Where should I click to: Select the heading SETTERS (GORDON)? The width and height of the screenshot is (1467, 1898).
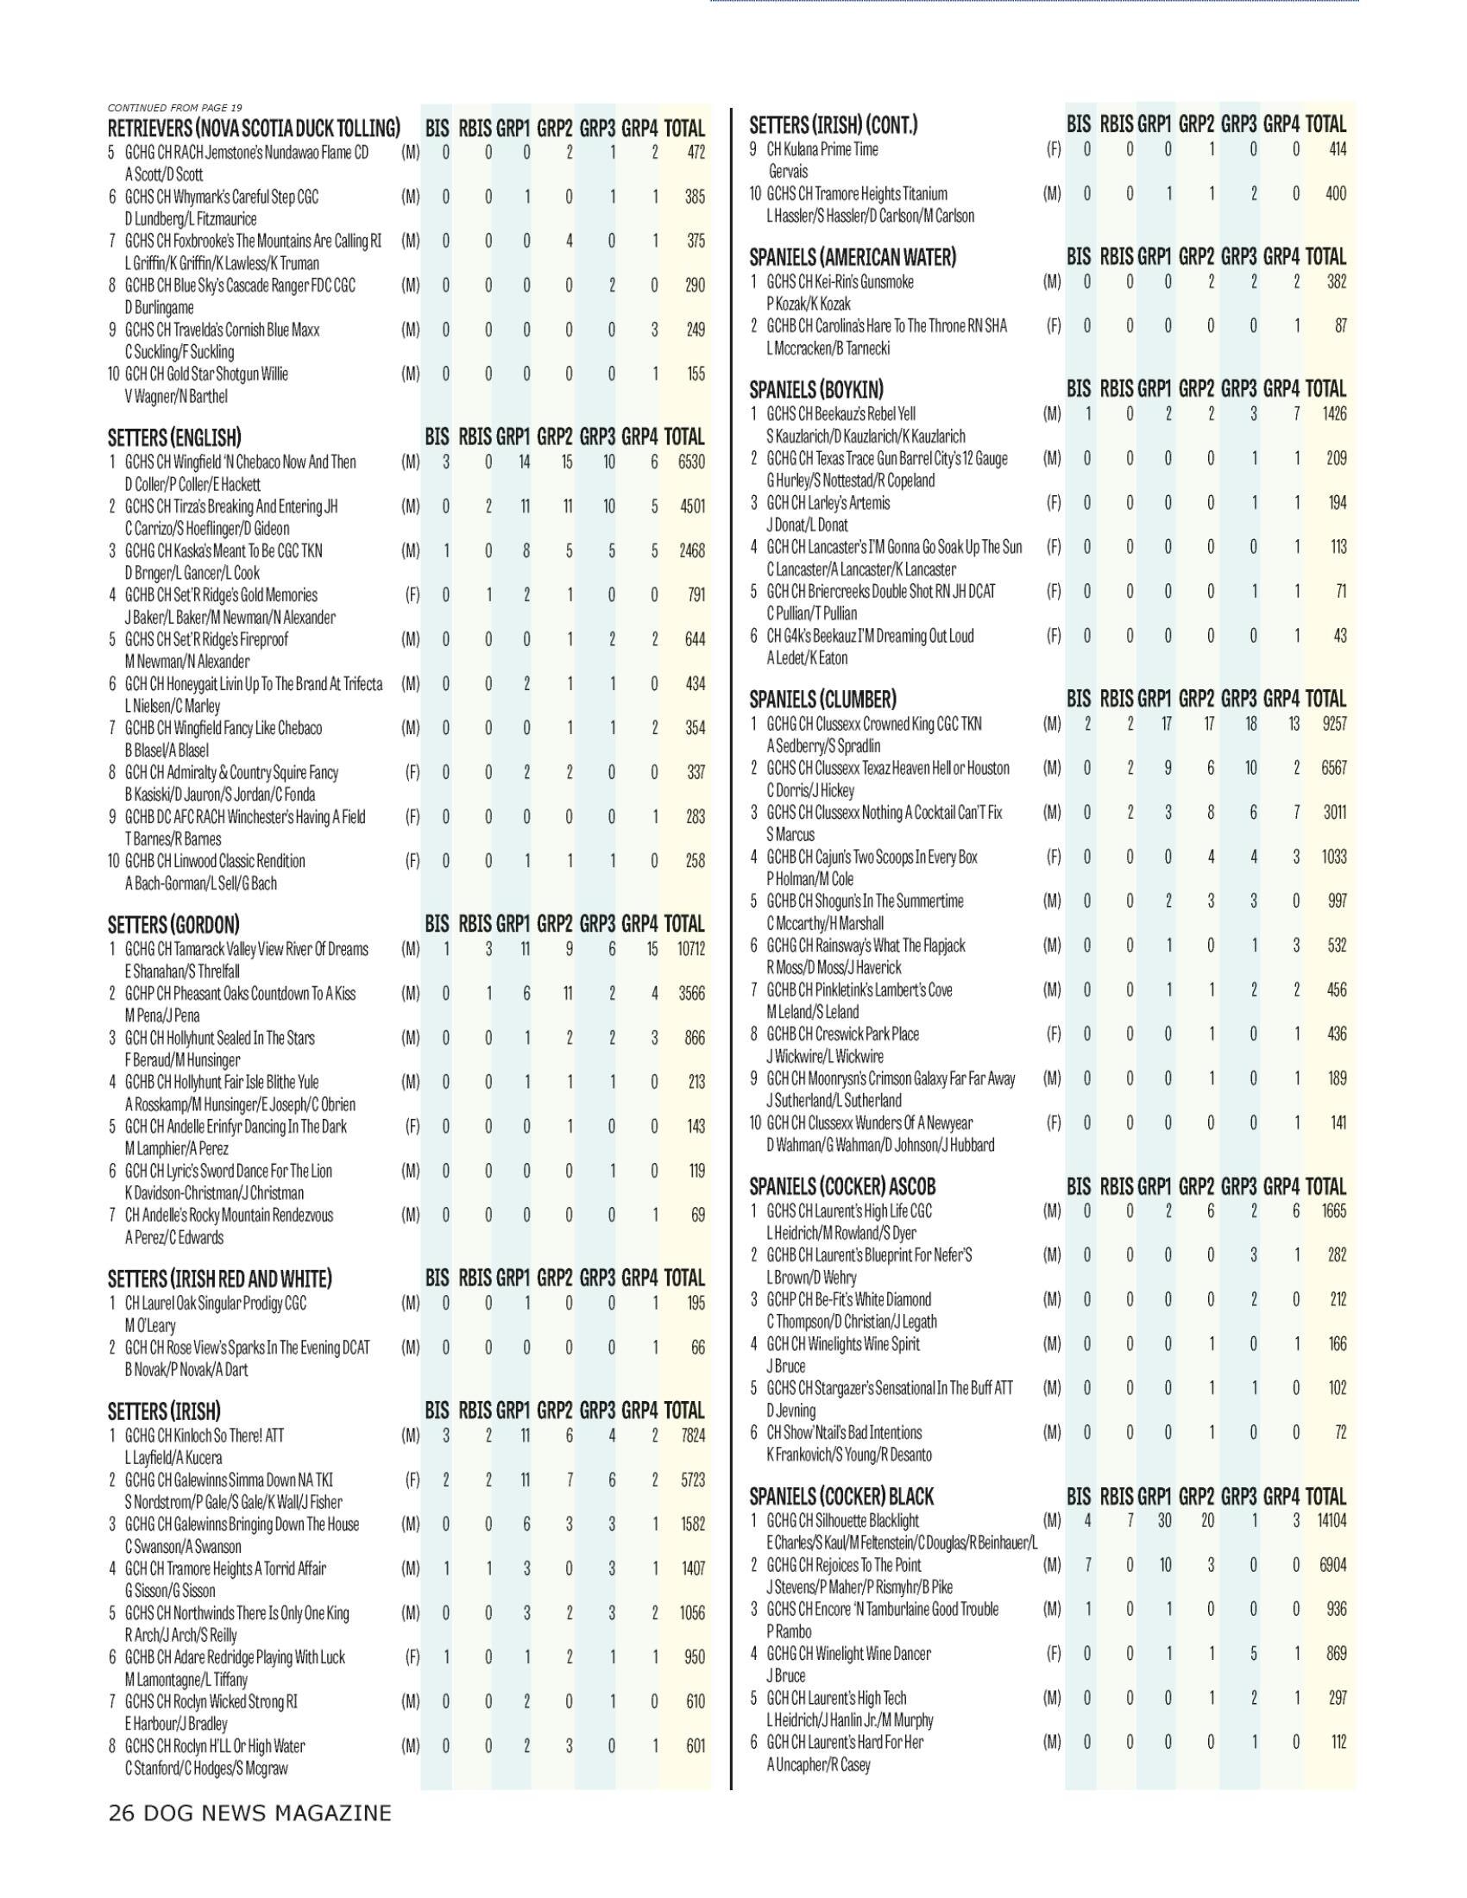pos(173,924)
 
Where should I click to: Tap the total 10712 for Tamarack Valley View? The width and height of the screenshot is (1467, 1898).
pos(690,949)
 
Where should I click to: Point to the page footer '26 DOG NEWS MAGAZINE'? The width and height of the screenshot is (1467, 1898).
pos(249,1813)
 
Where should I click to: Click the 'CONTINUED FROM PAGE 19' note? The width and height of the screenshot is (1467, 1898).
pos(174,108)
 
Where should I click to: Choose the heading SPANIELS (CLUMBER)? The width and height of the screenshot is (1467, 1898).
pos(822,699)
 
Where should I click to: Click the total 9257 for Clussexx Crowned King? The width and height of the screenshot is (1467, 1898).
pos(1333,723)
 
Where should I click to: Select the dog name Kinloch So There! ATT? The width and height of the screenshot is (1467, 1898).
pos(205,1435)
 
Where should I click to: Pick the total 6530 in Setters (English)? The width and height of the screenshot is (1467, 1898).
pos(691,462)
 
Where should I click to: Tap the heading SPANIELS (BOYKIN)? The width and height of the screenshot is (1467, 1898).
pos(816,388)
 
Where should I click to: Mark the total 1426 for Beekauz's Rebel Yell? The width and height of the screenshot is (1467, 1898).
pos(1334,412)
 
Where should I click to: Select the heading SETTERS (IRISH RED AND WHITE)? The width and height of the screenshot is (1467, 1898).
pos(220,1279)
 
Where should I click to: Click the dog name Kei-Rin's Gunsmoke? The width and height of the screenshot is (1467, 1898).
pos(840,281)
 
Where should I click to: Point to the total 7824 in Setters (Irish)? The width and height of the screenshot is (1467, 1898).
pos(692,1435)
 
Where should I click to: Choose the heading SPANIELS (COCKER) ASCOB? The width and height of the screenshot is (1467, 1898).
pos(842,1186)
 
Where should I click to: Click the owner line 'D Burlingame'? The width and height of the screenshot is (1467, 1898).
pos(159,307)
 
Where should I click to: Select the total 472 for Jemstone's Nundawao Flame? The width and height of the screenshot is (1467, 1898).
pos(695,152)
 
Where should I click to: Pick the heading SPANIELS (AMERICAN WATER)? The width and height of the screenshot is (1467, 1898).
pos(853,257)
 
